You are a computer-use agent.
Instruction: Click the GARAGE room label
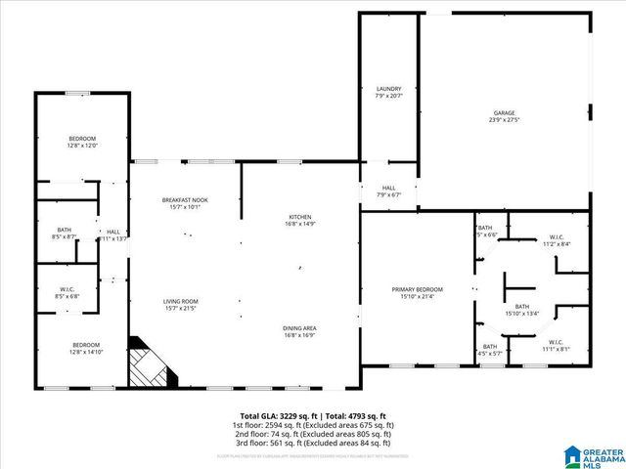coord(503,116)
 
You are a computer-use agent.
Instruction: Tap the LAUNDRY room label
coord(389,92)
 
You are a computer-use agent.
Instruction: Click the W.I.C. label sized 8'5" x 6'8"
coord(67,290)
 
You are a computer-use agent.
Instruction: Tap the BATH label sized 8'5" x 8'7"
coord(65,233)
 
